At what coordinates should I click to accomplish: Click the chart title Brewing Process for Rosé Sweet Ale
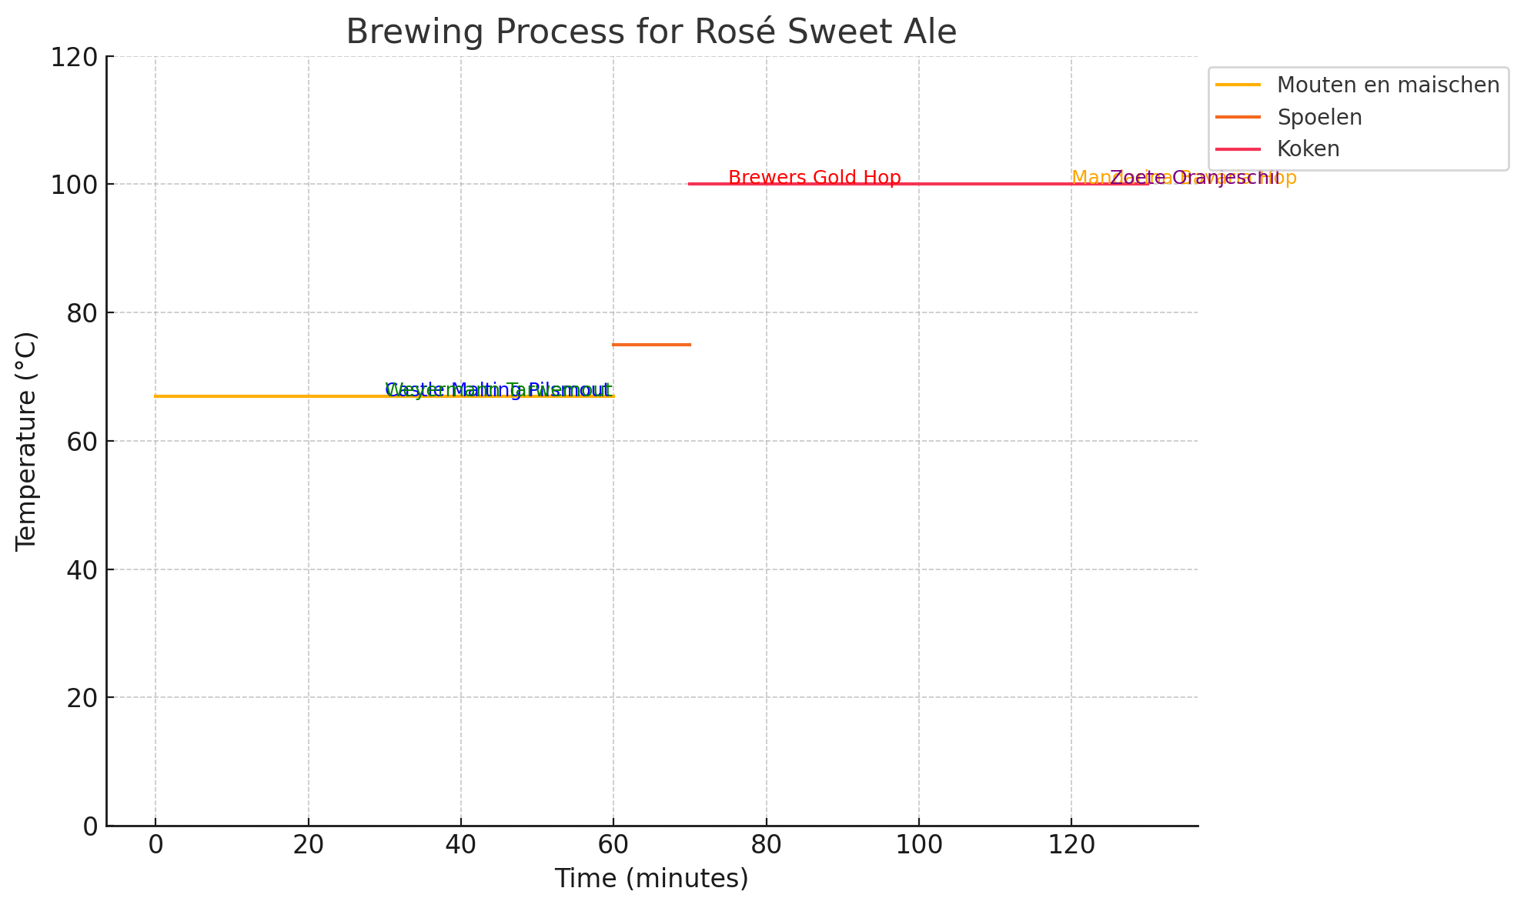(x=650, y=32)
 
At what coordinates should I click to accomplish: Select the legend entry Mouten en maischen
(x=1388, y=85)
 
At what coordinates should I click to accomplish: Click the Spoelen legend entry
(x=1319, y=117)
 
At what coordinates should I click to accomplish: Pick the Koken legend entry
(x=1308, y=149)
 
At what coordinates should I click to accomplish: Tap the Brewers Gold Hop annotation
(x=814, y=178)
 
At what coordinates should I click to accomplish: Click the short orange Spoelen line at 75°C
(x=651, y=345)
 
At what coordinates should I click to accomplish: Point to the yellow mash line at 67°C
(x=269, y=396)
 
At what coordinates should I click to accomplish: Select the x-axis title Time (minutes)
(x=651, y=878)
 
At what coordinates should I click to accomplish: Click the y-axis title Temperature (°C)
(x=26, y=441)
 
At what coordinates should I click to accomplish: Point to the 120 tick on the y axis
(x=74, y=57)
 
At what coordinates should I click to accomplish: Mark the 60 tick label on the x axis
(x=613, y=846)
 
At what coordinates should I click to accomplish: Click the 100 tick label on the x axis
(x=918, y=846)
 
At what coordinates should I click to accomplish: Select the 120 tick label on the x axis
(x=1071, y=846)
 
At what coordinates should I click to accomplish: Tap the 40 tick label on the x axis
(x=460, y=846)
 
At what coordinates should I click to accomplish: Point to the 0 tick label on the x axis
(x=155, y=846)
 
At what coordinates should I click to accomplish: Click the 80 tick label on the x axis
(x=766, y=846)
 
